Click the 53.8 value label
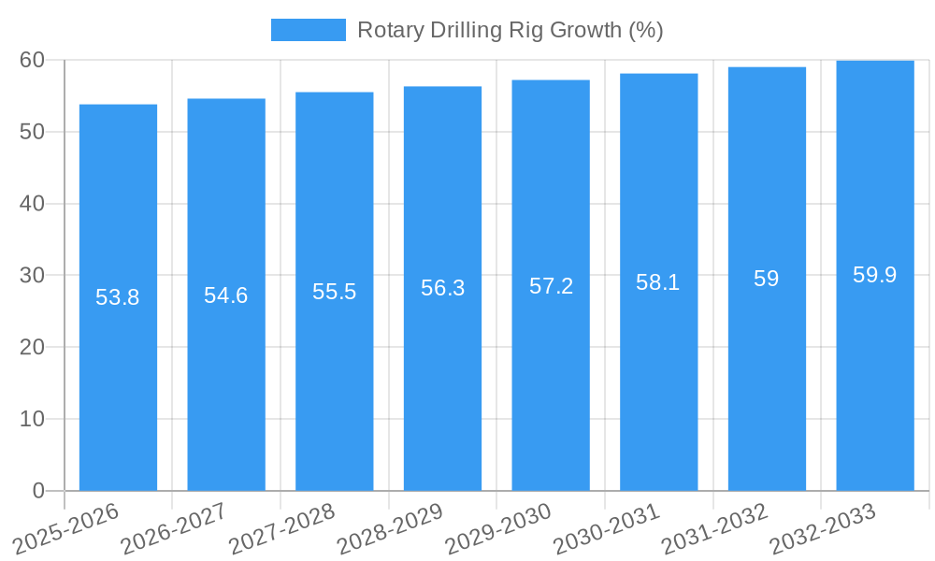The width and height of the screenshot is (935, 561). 118,297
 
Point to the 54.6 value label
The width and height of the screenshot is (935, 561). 226,295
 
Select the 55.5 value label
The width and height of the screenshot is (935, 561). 335,292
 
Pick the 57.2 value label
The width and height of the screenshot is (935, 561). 551,286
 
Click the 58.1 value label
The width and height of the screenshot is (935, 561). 658,282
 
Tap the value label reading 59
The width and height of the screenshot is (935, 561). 767,279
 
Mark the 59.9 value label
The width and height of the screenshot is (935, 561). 875,275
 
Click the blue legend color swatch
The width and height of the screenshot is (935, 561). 308,30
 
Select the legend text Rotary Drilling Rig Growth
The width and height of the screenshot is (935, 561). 510,30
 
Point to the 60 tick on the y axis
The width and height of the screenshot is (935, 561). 32,60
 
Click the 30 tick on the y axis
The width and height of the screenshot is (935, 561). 32,275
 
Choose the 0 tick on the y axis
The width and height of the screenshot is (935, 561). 38,491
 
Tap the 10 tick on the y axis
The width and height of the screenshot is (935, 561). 32,419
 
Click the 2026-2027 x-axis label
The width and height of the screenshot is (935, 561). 175,528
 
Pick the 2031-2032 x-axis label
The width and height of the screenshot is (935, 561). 715,528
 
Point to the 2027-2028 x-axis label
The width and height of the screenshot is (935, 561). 282,528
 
